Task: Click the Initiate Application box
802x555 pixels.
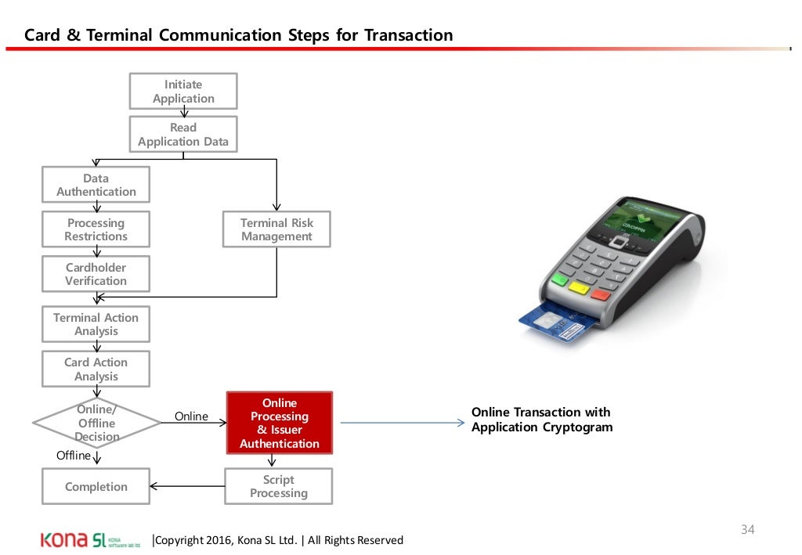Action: click(x=183, y=92)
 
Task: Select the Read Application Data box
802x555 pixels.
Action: click(x=183, y=134)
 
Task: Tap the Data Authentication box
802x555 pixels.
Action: click(x=96, y=185)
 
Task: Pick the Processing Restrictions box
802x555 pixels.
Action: click(x=96, y=229)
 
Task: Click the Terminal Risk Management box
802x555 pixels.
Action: click(x=276, y=229)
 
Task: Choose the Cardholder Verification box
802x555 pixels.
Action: click(x=96, y=274)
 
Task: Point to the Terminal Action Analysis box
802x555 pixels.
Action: click(x=96, y=324)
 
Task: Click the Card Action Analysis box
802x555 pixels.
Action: click(x=96, y=369)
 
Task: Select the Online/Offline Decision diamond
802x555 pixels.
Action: click(x=97, y=423)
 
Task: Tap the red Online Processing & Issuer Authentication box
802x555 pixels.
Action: click(x=280, y=423)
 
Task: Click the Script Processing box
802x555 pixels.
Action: click(x=279, y=486)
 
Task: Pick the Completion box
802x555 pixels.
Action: click(x=96, y=486)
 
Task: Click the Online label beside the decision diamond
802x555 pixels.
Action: click(x=191, y=416)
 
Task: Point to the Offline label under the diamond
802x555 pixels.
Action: click(x=73, y=455)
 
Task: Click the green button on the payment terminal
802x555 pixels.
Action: click(x=560, y=279)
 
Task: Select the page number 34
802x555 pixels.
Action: click(x=747, y=530)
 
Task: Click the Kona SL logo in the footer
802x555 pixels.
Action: click(x=91, y=540)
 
